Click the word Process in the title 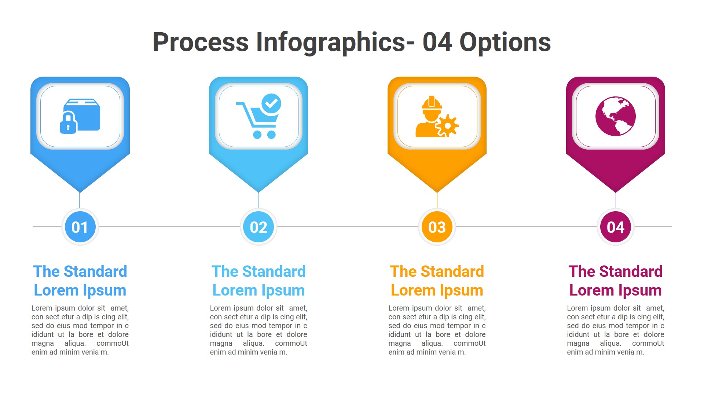(x=200, y=42)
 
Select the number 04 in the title (x=437, y=42)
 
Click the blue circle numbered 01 (x=80, y=227)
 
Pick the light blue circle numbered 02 (x=258, y=227)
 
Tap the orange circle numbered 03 (x=437, y=227)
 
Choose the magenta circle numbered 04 (x=616, y=227)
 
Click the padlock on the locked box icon (x=68, y=124)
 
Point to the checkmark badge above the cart (x=271, y=103)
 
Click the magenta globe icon (x=616, y=116)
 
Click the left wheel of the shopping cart (x=257, y=135)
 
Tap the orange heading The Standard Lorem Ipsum (x=437, y=281)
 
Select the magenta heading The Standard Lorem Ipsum (x=616, y=281)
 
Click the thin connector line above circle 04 (x=616, y=200)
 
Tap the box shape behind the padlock (x=86, y=114)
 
